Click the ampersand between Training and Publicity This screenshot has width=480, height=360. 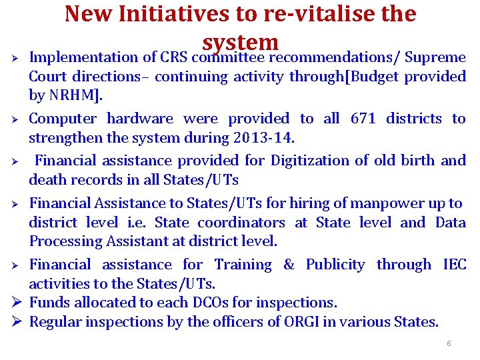[289, 265]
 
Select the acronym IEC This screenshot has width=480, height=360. [454, 265]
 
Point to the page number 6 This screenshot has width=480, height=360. [449, 343]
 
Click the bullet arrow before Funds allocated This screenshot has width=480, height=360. [19, 303]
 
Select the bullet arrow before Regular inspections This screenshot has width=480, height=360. [19, 322]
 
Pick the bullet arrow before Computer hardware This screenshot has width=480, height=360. [19, 119]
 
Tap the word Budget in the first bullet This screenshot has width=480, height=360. [370, 77]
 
